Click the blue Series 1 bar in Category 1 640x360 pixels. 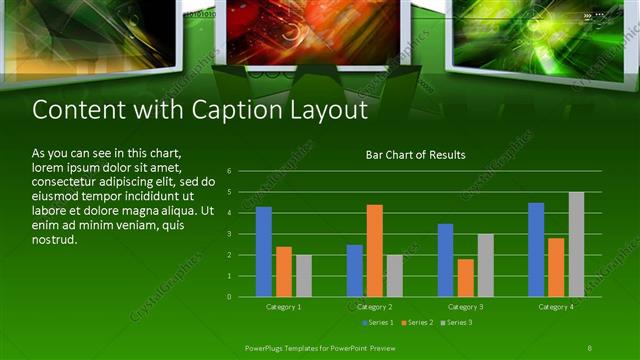click(264, 252)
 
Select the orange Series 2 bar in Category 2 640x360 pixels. click(375, 250)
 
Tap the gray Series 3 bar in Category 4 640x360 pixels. click(576, 244)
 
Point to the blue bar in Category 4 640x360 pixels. click(536, 250)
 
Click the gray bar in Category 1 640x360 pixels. click(304, 275)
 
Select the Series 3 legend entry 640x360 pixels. click(456, 322)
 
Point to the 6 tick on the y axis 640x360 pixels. click(230, 171)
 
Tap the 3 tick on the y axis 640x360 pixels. click(230, 234)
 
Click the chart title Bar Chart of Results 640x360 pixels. click(415, 155)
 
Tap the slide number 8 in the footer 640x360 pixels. click(590, 346)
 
